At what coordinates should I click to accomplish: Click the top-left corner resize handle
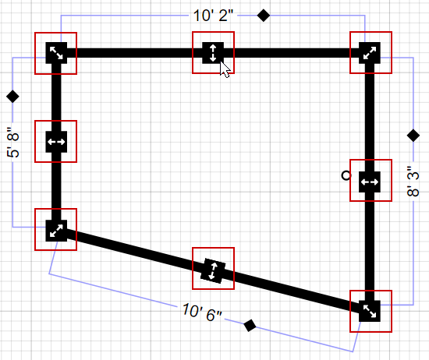(56, 53)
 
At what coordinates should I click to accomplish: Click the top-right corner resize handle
(370, 53)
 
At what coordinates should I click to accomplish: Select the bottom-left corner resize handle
(56, 230)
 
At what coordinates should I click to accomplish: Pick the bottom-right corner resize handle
(370, 311)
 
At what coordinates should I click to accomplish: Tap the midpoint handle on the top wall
(212, 53)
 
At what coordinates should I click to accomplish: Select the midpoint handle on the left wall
(56, 142)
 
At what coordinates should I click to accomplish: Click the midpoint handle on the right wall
(370, 181)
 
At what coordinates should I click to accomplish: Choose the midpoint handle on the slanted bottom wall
(212, 270)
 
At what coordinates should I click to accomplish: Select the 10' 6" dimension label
(200, 312)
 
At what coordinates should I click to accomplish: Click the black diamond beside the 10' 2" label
(264, 15)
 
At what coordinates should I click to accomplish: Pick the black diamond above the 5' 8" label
(12, 97)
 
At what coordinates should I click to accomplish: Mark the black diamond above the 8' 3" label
(413, 136)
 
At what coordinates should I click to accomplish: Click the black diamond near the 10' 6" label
(250, 326)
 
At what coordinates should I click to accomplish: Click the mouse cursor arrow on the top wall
(225, 69)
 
